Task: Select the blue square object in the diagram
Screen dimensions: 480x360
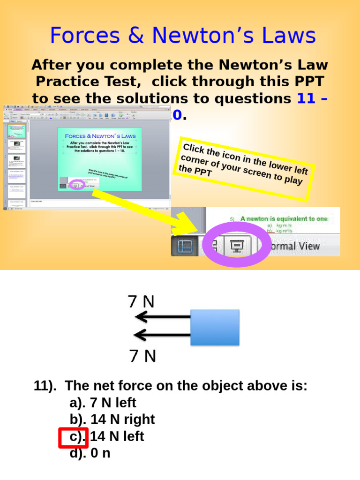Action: pyautogui.click(x=215, y=327)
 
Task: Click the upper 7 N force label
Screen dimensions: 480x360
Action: pyautogui.click(x=141, y=301)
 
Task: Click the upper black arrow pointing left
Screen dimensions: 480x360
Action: pyautogui.click(x=162, y=318)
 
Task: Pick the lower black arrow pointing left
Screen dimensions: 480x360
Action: pyautogui.click(x=162, y=335)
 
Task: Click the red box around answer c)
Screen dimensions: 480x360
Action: pyautogui.click(x=73, y=437)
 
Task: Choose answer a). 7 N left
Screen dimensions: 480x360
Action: pyautogui.click(x=103, y=403)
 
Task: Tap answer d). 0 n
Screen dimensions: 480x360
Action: pyautogui.click(x=90, y=453)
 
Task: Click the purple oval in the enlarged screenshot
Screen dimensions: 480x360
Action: pyautogui.click(x=236, y=245)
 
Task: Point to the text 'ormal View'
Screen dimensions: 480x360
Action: pyautogui.click(x=292, y=246)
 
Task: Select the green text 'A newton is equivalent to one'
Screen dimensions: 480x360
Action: pyautogui.click(x=284, y=218)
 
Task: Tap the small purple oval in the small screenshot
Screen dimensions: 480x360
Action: pyautogui.click(x=76, y=185)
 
